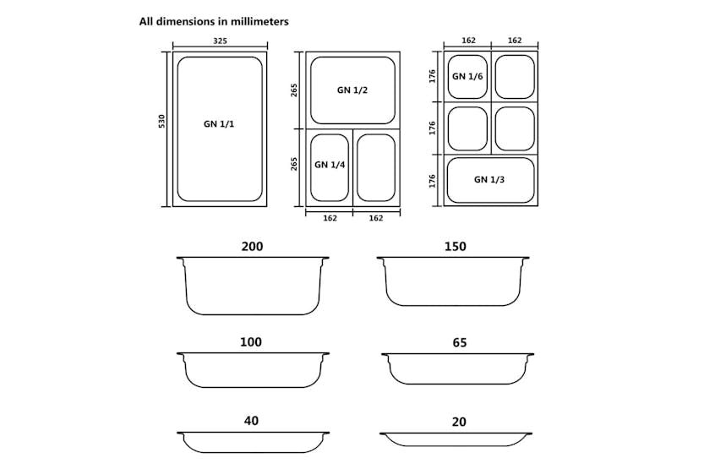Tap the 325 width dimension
point(220,41)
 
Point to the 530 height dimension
point(161,122)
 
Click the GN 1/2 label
point(352,90)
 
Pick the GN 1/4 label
point(329,165)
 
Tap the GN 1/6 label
point(467,76)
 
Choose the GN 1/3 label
point(490,179)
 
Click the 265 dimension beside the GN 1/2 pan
point(294,90)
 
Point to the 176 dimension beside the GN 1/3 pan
point(432,180)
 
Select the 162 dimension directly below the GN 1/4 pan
point(330,218)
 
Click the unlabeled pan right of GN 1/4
point(376,166)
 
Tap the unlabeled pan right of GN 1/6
point(514,77)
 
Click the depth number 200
point(252,247)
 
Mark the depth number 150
point(456,247)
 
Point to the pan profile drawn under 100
point(252,370)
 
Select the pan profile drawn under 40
point(253,442)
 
